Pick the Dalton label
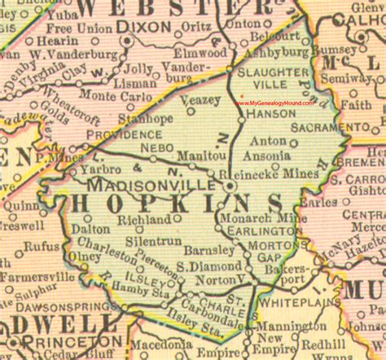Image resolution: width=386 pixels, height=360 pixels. coord(90,229)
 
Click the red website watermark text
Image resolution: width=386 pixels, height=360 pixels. coord(277,102)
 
